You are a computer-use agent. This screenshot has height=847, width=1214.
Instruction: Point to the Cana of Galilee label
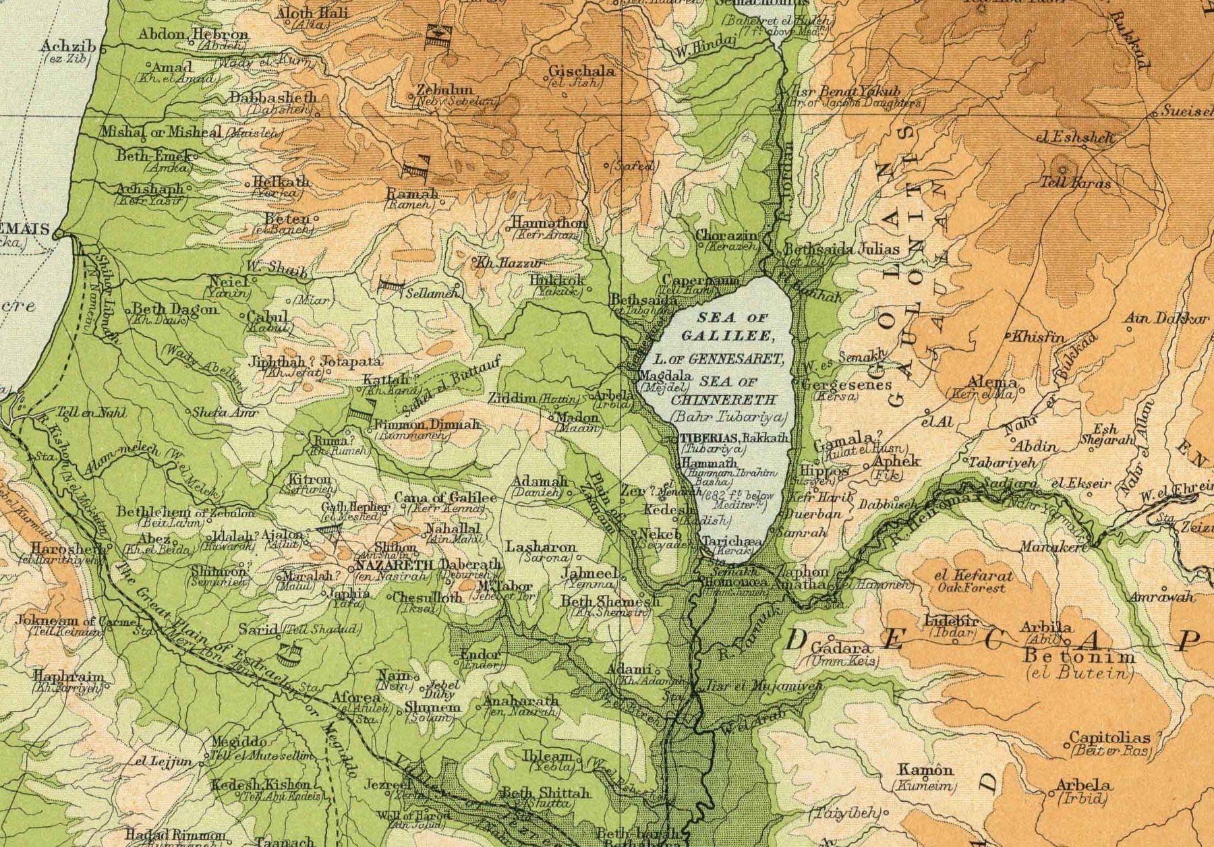click(445, 498)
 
